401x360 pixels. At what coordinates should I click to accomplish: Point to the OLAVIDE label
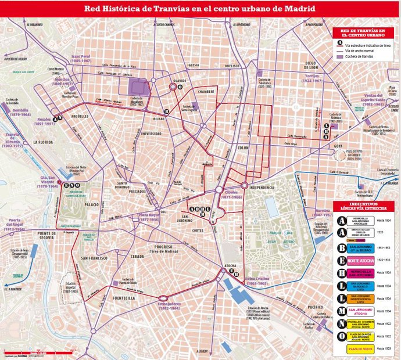click(180, 81)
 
